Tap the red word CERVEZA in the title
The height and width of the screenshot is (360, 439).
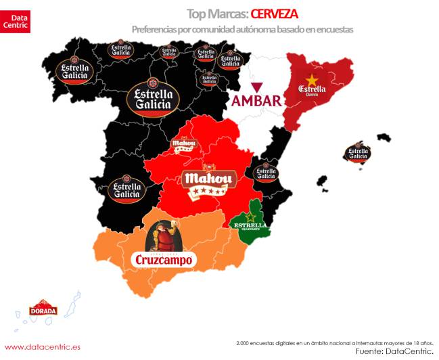coord(271,13)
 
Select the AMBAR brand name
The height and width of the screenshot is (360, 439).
coord(256,101)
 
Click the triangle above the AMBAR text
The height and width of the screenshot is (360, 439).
coord(256,87)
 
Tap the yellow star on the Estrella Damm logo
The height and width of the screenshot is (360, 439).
coord(312,80)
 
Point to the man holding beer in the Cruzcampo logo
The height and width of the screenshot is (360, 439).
coord(164,237)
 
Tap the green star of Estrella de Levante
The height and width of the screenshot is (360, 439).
coord(250,217)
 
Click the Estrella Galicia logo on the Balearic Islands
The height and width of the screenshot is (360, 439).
coord(356,154)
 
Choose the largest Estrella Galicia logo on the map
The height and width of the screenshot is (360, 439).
coord(154,99)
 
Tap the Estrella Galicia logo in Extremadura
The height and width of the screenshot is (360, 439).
coord(126,190)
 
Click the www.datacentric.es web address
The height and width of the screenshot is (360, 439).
coord(43,346)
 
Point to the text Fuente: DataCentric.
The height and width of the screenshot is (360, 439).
coord(394,352)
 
